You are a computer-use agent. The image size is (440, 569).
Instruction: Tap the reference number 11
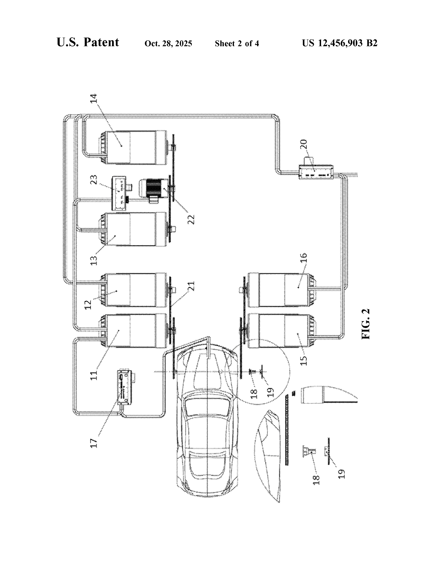(94, 375)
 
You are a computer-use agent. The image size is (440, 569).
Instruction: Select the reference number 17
(94, 443)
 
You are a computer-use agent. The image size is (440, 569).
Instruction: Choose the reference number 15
(304, 361)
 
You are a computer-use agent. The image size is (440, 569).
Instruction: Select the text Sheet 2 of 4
(237, 43)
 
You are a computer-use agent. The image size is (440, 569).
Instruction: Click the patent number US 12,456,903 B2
(339, 43)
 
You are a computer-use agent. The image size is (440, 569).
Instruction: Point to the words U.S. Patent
(88, 42)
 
